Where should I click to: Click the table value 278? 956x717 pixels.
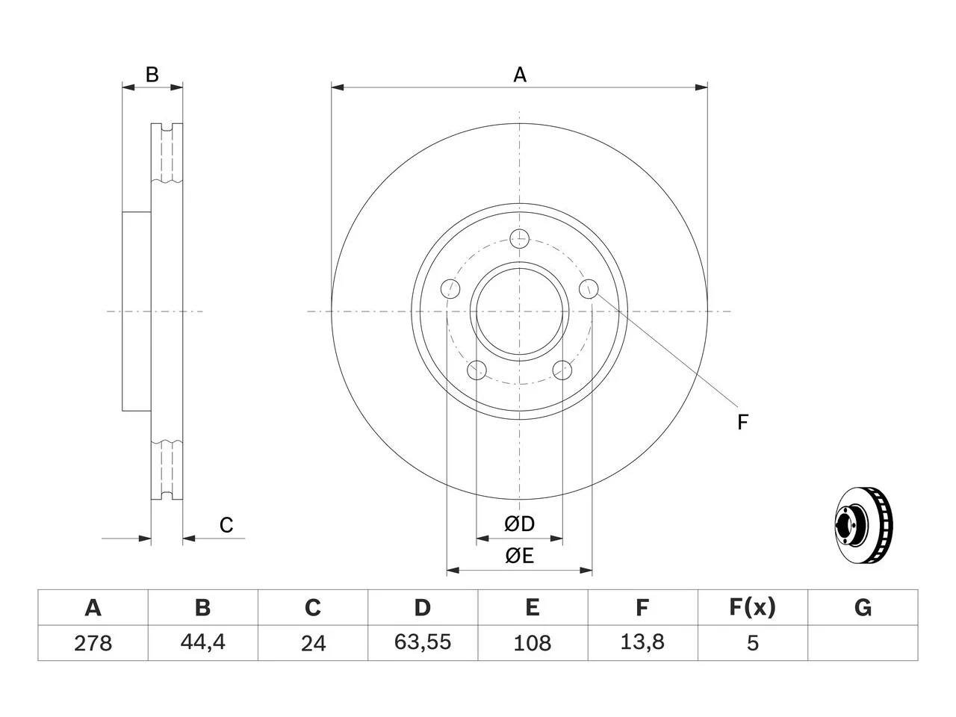pos(93,643)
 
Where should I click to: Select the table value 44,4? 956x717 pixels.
pos(203,642)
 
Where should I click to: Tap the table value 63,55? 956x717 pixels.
pos(423,642)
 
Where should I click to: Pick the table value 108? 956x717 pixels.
pos(533,643)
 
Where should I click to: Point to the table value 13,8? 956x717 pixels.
pos(642,642)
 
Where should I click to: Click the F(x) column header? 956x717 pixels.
pos(753,607)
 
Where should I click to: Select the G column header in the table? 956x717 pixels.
pos(863,607)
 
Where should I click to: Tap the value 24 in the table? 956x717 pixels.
pos(313,643)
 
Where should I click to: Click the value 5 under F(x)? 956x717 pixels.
pos(753,643)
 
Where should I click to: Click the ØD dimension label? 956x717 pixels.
pos(519,524)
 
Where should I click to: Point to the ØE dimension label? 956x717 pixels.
pos(519,556)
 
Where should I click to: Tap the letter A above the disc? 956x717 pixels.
pos(520,75)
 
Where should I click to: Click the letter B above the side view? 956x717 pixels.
pos(152,75)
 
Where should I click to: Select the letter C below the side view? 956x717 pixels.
pos(226,525)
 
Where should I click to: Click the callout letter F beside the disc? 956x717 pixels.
pos(742,422)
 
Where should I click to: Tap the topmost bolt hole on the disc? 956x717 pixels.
pos(519,238)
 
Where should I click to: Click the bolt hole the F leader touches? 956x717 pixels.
pos(589,288)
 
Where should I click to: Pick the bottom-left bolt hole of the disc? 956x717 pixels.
pos(477,370)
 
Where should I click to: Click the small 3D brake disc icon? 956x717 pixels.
pos(863,526)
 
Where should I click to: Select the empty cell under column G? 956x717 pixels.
pos(863,643)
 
